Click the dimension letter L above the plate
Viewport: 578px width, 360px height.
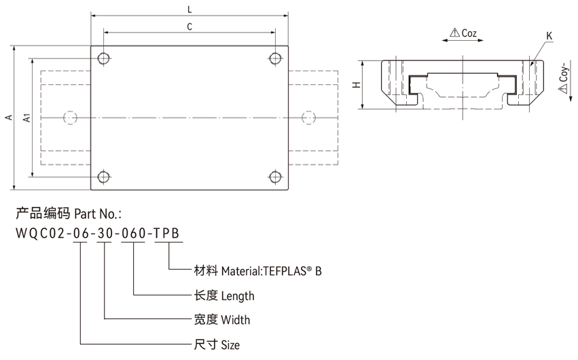190,9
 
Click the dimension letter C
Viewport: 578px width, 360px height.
189,26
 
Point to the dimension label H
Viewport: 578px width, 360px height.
356,85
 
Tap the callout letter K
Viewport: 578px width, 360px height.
549,35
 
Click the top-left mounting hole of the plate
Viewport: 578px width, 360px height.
103,58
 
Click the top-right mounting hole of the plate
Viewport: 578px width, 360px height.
275,58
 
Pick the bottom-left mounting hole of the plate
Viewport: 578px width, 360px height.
103,178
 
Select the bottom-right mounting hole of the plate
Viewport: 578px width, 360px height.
275,178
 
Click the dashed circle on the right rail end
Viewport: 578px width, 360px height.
308,118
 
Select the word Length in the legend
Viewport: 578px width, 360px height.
238,295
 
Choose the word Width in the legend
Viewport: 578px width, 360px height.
236,320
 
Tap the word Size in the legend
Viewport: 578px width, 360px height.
230,344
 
